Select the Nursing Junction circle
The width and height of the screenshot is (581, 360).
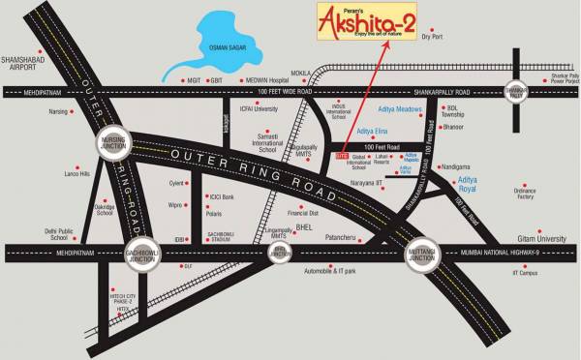112,143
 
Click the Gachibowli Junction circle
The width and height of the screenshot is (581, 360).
142,251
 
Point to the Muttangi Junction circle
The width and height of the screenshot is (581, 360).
424,251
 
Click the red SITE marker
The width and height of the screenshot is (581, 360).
341,155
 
